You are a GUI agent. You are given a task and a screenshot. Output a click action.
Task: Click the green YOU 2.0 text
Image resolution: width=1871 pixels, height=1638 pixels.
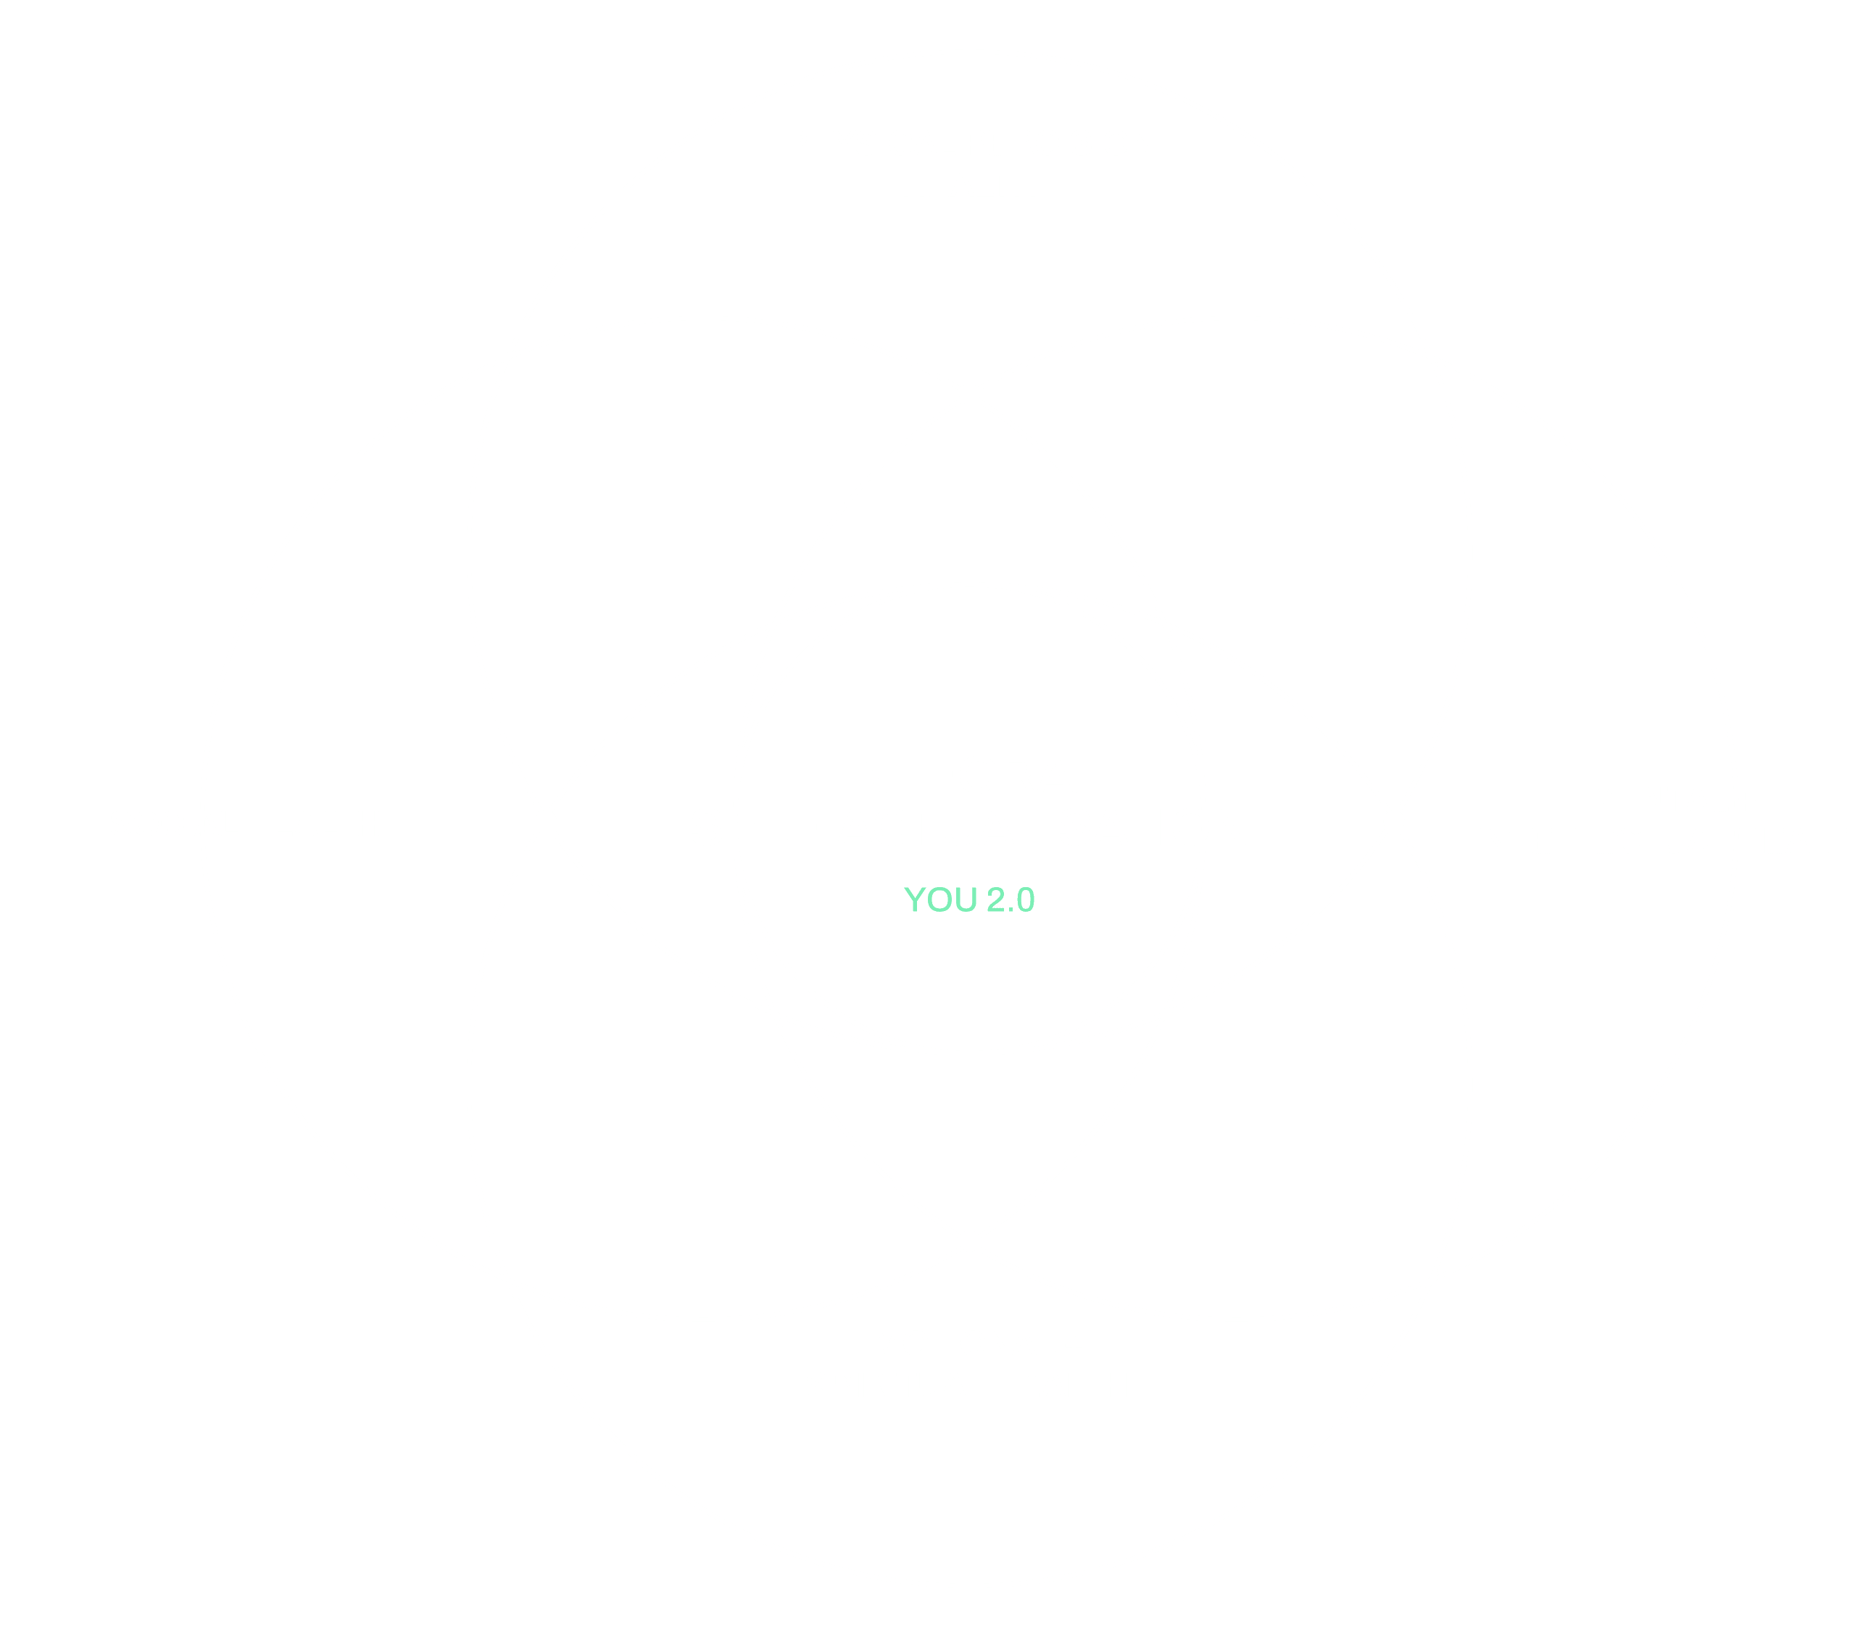coord(969,900)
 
